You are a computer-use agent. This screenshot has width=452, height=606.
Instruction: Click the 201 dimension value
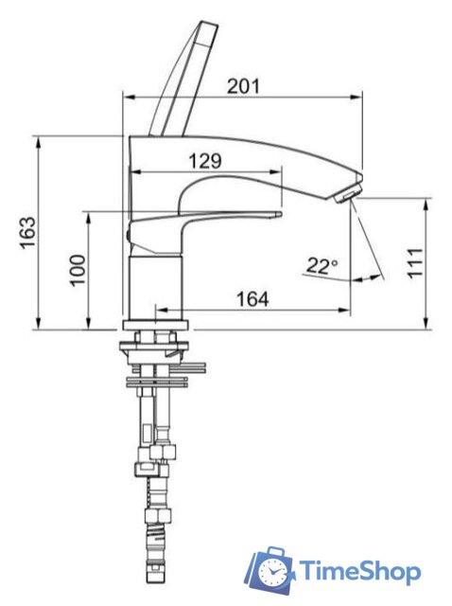click(243, 86)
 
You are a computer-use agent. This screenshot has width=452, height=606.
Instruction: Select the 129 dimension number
click(205, 161)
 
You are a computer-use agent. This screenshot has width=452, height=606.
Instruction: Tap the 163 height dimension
click(28, 233)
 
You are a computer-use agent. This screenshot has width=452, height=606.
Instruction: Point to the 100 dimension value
click(78, 270)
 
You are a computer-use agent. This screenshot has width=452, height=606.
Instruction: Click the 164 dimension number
click(252, 299)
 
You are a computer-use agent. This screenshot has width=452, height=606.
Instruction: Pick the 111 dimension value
click(415, 263)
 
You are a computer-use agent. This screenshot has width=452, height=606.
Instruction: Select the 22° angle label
click(322, 266)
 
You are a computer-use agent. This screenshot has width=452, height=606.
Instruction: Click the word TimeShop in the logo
click(360, 572)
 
